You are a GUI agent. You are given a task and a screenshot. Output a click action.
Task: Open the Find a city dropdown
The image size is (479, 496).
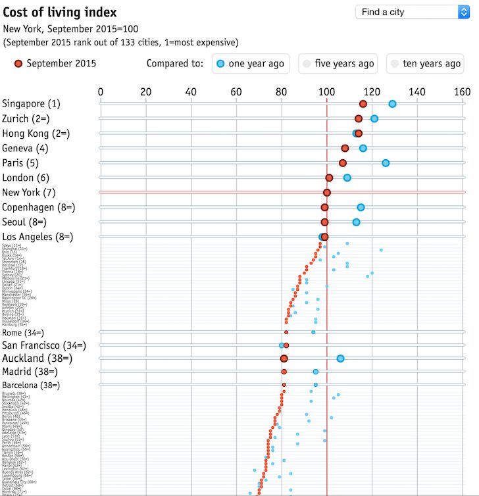click(412, 12)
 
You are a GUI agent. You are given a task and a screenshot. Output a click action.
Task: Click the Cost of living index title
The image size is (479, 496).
click(60, 12)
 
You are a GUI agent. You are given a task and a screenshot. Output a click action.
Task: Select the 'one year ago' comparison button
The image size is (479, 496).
click(252, 64)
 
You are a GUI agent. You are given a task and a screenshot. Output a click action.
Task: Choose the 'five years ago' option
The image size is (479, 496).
click(338, 64)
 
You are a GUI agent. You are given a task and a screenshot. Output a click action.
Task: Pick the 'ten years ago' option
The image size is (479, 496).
click(425, 64)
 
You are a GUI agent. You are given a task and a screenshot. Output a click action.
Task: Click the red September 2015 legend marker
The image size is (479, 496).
click(18, 64)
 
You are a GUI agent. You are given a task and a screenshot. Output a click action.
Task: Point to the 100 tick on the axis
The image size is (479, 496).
click(326, 92)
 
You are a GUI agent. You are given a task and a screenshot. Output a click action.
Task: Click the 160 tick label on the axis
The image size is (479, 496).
click(462, 92)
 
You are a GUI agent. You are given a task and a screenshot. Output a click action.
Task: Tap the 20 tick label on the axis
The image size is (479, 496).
click(145, 92)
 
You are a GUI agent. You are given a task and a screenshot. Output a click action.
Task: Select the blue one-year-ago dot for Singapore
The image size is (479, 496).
click(392, 104)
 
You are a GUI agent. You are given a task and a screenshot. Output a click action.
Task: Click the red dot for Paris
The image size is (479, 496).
click(343, 163)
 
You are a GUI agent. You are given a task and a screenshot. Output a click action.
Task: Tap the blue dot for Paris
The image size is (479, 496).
click(386, 163)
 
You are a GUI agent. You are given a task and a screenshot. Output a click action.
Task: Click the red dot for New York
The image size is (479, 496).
click(326, 193)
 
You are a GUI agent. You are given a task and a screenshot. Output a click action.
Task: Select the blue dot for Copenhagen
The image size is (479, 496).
click(361, 207)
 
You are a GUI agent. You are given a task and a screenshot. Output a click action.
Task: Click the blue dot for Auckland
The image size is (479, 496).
click(340, 359)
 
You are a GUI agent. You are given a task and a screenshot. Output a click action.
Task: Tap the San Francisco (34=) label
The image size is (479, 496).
click(53, 345)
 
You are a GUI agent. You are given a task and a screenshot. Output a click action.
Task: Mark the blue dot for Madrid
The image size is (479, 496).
click(316, 372)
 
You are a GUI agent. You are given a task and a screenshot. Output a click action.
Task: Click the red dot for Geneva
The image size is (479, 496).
click(345, 149)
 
